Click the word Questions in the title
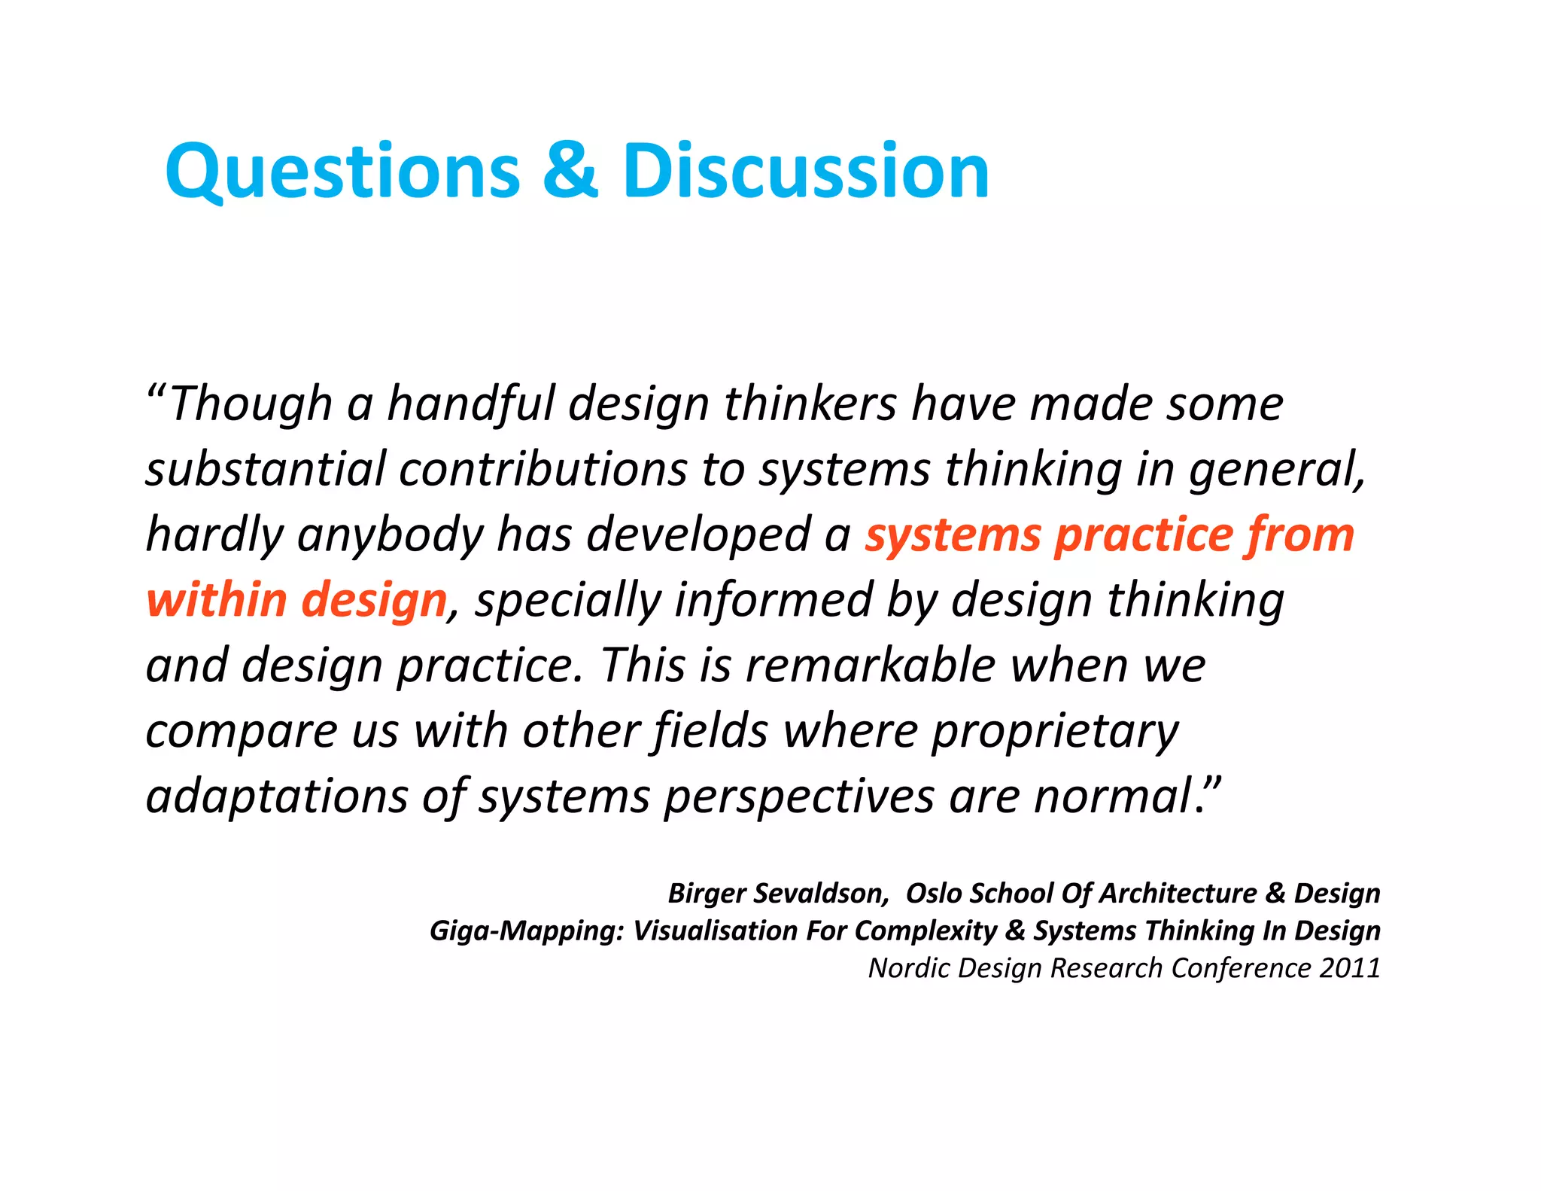[x=342, y=172]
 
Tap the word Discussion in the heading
[x=805, y=172]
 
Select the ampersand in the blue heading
[x=570, y=172]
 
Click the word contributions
[x=543, y=470]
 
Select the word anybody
[x=391, y=536]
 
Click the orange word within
[x=216, y=601]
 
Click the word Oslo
[x=934, y=894]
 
